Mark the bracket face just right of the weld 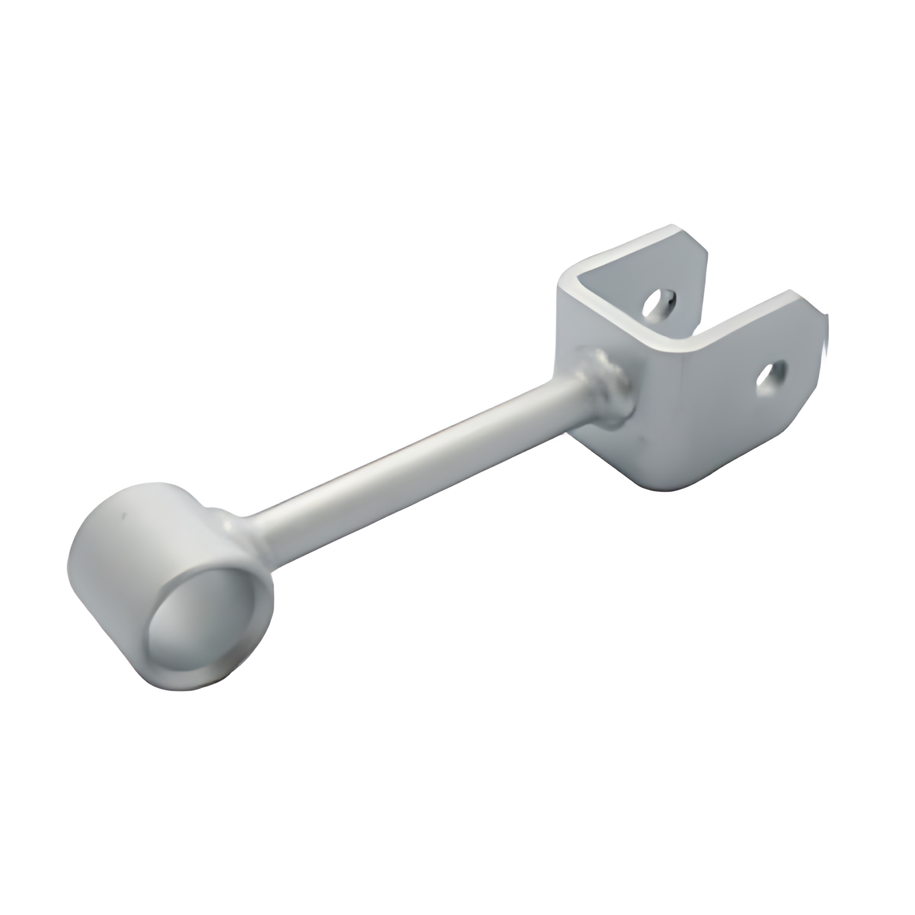tap(654, 403)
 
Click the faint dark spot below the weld tap(643, 441)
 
